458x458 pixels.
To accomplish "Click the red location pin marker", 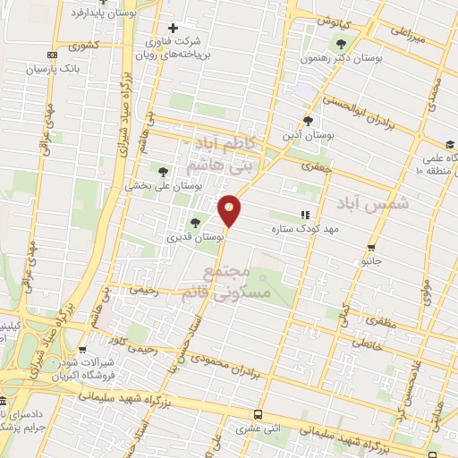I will pyautogui.click(x=230, y=209).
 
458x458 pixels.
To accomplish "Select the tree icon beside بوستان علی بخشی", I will pyautogui.click(x=163, y=171).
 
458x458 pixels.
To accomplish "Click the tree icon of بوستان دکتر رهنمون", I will pyautogui.click(x=339, y=43).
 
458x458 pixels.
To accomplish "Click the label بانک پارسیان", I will pyautogui.click(x=52, y=68).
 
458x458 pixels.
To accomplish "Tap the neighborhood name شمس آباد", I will pyautogui.click(x=386, y=204).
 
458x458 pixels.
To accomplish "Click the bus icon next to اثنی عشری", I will pyautogui.click(x=258, y=415).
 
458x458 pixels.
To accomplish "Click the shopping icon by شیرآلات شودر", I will pyautogui.click(x=82, y=350).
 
